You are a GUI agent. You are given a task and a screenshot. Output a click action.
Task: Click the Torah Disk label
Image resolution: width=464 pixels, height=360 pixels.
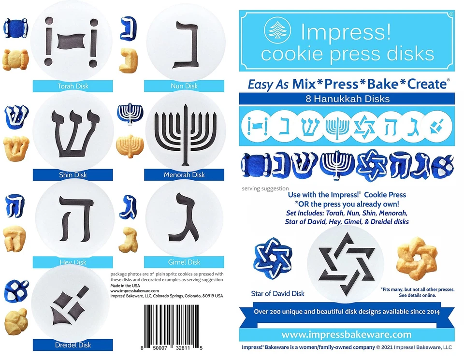pos(72,86)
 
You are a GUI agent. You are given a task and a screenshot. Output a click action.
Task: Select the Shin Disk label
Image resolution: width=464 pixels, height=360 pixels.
pos(72,175)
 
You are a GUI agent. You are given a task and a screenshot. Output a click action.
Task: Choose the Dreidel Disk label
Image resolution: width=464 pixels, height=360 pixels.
pos(72,345)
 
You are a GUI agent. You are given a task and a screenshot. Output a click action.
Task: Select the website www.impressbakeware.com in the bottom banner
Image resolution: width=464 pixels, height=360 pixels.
pos(347,334)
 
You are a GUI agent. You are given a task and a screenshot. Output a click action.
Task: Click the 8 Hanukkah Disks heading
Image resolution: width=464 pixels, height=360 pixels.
pos(347,99)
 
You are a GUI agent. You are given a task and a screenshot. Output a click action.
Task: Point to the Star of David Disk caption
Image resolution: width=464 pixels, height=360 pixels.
pos(278,293)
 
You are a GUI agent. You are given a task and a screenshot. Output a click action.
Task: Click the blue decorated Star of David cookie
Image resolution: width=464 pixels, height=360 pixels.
pos(272,261)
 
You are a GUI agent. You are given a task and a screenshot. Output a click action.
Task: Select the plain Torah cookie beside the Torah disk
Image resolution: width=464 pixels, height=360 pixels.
pos(15,59)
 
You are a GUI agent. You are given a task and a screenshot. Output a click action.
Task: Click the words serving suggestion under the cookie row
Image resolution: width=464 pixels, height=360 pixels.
pos(265,188)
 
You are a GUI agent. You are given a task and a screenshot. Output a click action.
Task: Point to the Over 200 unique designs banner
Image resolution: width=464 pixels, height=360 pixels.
pos(347,312)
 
